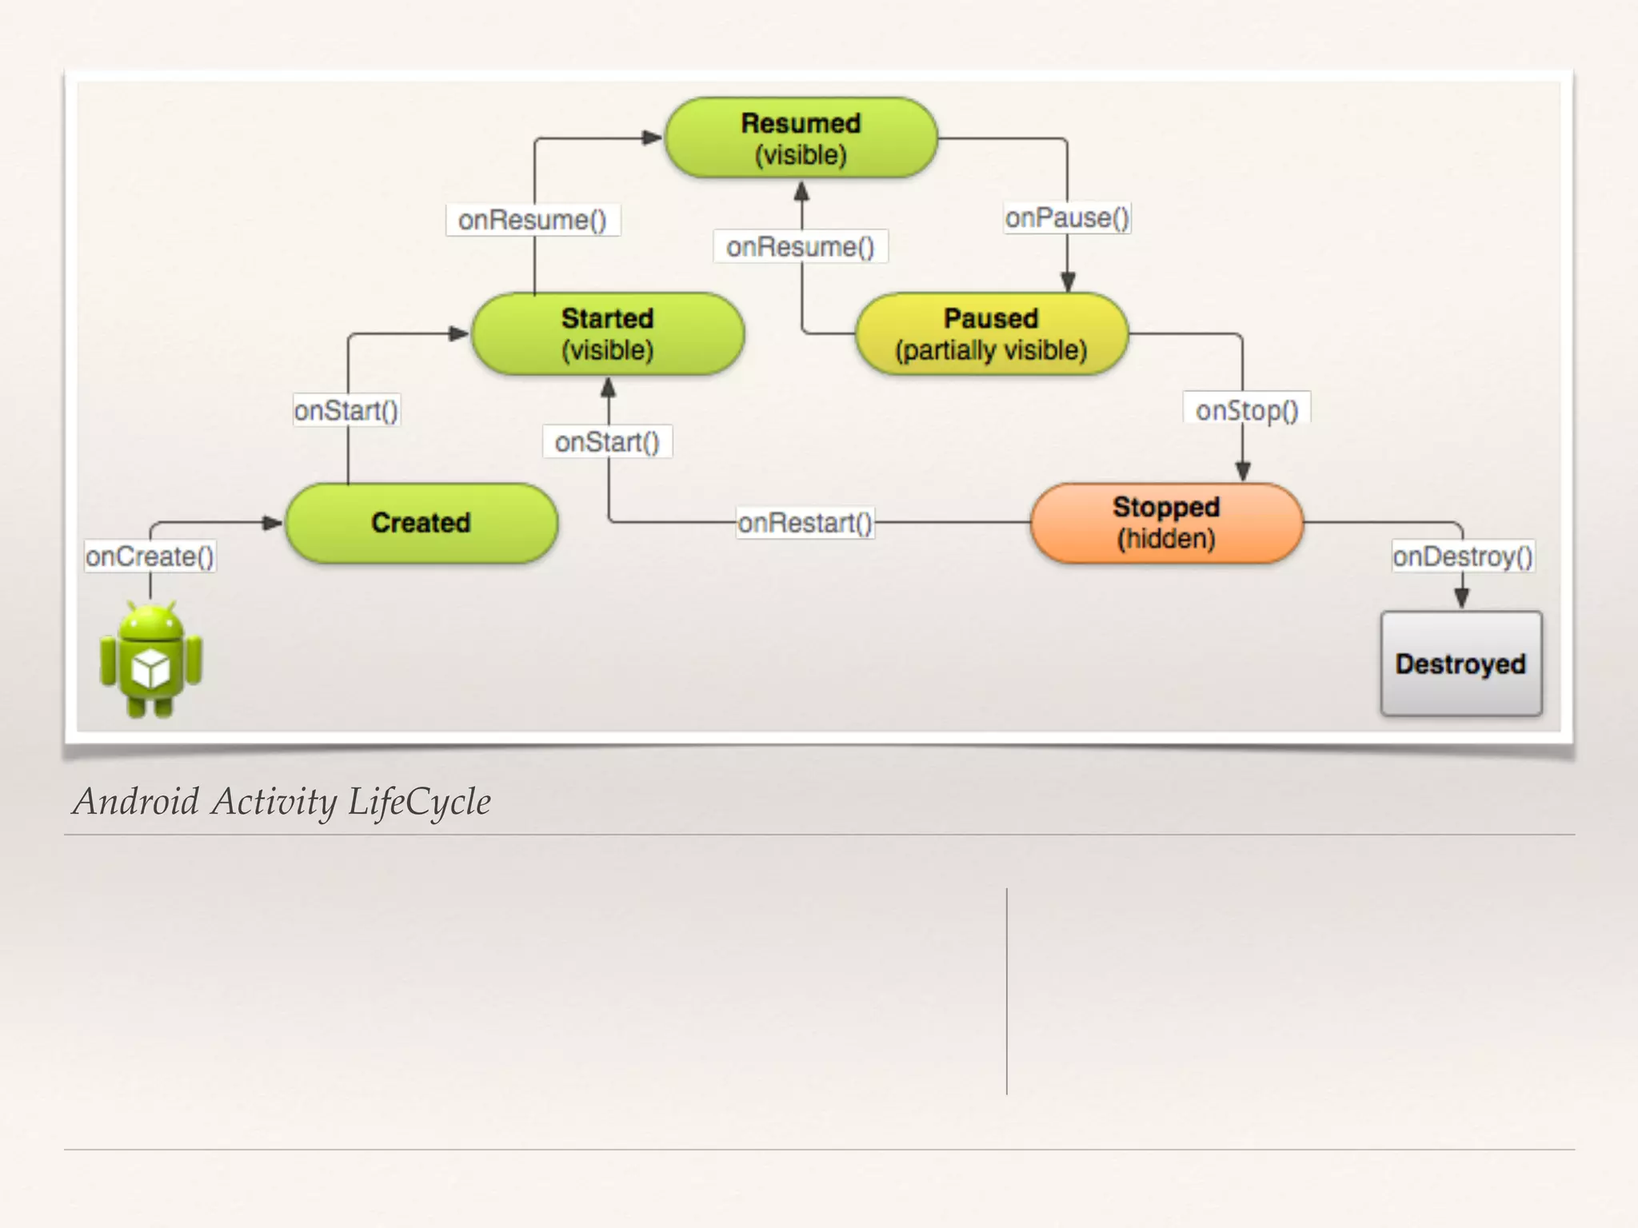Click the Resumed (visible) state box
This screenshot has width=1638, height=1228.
click(801, 138)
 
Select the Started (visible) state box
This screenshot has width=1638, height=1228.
click(608, 334)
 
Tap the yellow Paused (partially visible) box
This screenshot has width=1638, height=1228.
click(991, 334)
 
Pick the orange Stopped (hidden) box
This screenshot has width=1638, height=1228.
click(1166, 523)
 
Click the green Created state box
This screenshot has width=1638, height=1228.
click(421, 523)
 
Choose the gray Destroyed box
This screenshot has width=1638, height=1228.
click(1460, 664)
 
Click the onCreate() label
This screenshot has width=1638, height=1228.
click(150, 556)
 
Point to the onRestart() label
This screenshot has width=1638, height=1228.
click(805, 523)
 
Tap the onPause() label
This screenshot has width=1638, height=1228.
click(1067, 217)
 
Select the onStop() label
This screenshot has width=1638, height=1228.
click(1247, 410)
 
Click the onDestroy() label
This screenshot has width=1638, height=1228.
click(1462, 556)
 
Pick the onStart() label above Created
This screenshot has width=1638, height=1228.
click(346, 411)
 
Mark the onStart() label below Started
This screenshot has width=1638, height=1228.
click(608, 442)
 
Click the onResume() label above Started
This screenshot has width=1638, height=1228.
click(533, 220)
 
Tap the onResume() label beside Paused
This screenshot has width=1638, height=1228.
click(801, 247)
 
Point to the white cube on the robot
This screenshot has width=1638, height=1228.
click(150, 668)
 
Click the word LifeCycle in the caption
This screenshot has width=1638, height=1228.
click(419, 802)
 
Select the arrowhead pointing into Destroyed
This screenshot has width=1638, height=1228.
click(1461, 597)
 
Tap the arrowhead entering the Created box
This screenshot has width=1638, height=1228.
click(274, 523)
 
